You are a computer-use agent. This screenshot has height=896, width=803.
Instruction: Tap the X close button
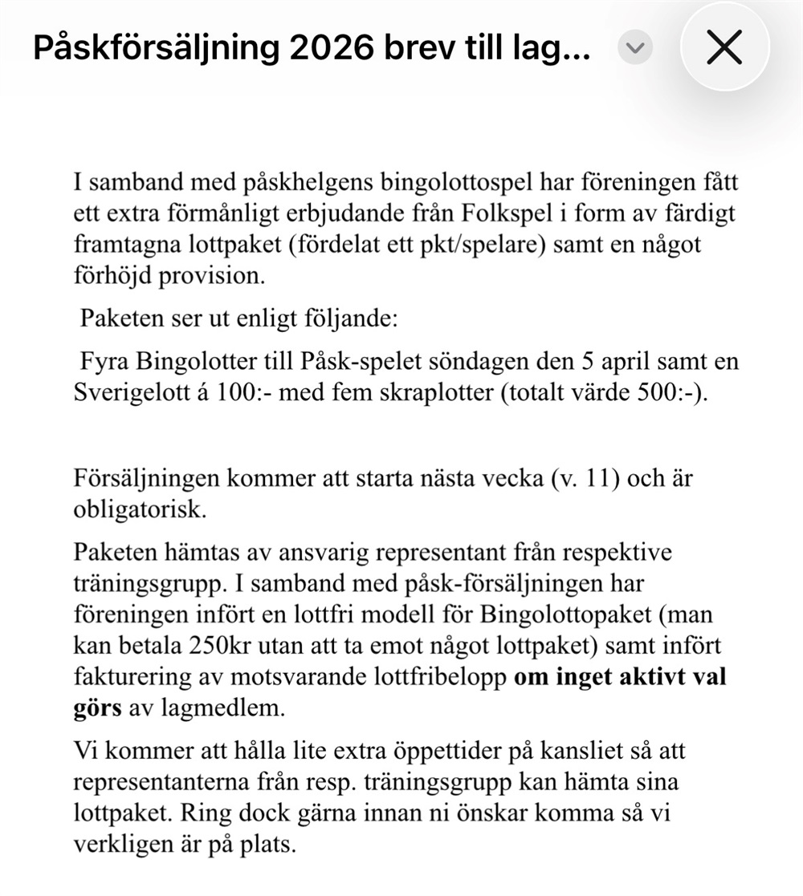[724, 49]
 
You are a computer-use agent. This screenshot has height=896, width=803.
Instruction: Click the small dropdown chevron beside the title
[635, 49]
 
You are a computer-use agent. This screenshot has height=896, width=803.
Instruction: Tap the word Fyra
[105, 363]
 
